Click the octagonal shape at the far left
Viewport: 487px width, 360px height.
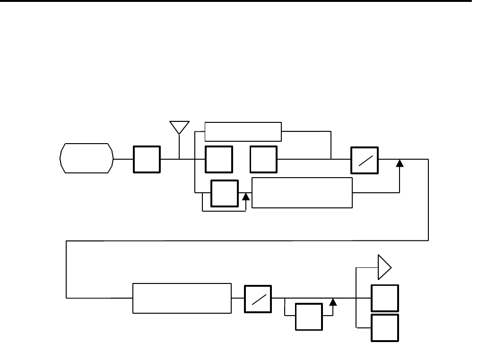click(x=87, y=158)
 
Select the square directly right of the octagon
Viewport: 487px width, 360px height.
click(x=147, y=159)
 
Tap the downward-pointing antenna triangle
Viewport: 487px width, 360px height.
click(x=180, y=127)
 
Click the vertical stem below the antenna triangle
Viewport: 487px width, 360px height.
click(x=180, y=147)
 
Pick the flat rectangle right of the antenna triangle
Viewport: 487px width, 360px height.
click(x=243, y=131)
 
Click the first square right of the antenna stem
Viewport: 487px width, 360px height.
click(x=219, y=159)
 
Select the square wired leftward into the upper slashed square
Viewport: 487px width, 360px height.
click(x=264, y=159)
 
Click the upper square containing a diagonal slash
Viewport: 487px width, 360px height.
click(x=364, y=160)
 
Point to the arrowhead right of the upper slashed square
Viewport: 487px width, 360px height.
click(x=400, y=163)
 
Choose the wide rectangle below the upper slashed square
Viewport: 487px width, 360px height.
click(x=302, y=193)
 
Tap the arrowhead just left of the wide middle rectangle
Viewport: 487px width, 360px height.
click(x=245, y=197)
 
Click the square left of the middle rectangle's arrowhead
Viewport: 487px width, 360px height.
click(x=224, y=193)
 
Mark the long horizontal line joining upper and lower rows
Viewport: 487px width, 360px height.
click(x=246, y=241)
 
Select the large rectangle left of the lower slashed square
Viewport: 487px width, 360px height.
click(x=182, y=298)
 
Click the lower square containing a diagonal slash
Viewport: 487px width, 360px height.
click(x=258, y=299)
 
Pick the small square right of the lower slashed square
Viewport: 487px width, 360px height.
click(x=309, y=317)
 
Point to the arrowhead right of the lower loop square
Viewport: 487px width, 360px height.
click(x=333, y=302)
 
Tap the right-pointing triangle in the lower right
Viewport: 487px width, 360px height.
click(x=383, y=268)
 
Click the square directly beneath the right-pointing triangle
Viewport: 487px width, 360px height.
click(x=385, y=298)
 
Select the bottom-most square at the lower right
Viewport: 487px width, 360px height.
click(x=385, y=327)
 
